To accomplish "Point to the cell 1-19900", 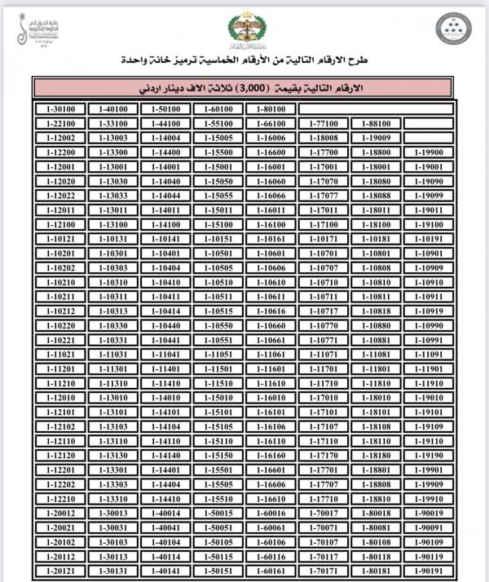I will tap(429, 152).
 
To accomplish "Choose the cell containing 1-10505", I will tap(220, 267).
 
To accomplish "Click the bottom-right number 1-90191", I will tap(429, 571).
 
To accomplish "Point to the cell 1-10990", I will tap(429, 324).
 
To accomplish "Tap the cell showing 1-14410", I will tap(166, 498).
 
